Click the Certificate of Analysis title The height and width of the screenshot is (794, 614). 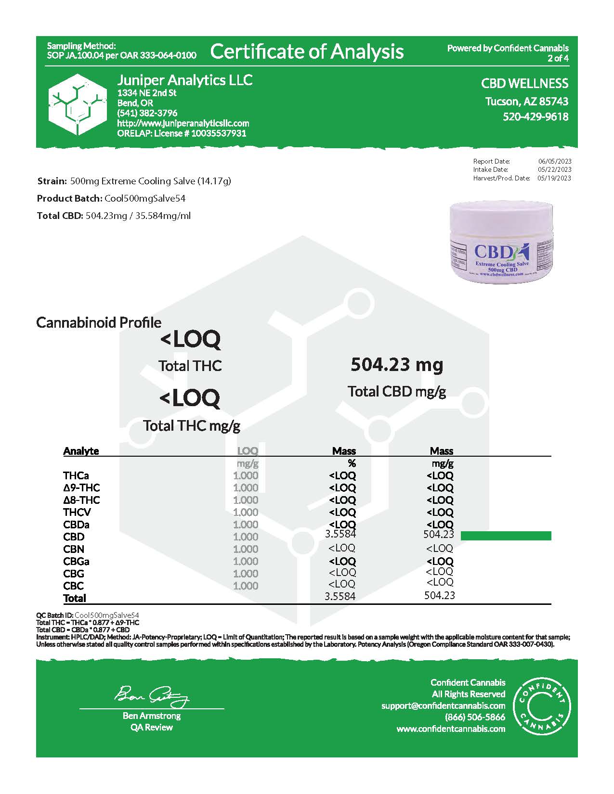tap(307, 51)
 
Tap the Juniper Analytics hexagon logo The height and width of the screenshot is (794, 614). tap(78, 104)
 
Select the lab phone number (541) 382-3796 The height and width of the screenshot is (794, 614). tap(147, 113)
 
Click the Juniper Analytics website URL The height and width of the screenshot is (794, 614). tap(183, 123)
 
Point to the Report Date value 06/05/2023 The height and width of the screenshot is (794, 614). tap(555, 161)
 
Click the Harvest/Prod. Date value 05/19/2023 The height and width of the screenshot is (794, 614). tap(555, 178)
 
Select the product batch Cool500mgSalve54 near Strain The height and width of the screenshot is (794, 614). tap(145, 198)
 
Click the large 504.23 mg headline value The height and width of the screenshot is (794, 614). tap(397, 365)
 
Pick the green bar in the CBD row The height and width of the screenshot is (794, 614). tap(506, 536)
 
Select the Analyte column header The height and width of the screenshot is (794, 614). tap(81, 451)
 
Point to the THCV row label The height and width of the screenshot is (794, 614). tap(77, 512)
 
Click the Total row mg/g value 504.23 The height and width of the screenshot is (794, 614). tap(439, 595)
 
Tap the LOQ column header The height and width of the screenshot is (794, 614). tap(248, 451)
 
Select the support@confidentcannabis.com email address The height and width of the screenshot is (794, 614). tap(443, 705)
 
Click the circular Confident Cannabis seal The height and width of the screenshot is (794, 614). tap(542, 705)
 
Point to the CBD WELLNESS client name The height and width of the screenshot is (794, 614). tap(524, 83)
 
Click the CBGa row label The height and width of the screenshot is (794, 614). tap(76, 561)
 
